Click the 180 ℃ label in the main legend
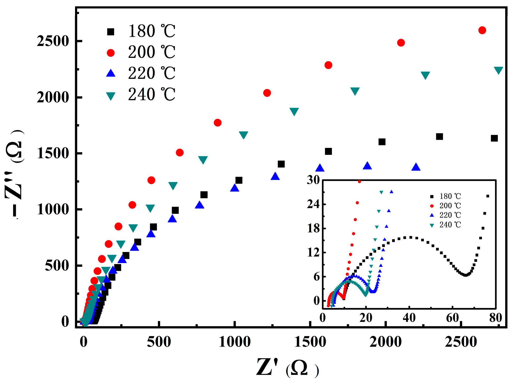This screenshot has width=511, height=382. [152, 31]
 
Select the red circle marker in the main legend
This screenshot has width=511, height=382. [110, 53]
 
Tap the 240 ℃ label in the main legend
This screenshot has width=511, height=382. [152, 95]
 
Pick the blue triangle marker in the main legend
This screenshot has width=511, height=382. [110, 73]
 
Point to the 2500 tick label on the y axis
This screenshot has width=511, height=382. [53, 41]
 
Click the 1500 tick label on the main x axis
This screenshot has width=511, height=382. [310, 342]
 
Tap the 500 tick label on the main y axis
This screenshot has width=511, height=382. [57, 266]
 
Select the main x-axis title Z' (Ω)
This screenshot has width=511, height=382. [287, 367]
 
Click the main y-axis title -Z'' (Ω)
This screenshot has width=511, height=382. [15, 174]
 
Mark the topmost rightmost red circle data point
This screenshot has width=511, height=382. [482, 30]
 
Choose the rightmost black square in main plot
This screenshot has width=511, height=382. [494, 138]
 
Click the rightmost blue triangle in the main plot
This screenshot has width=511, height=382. [416, 167]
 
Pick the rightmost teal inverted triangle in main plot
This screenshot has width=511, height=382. [498, 70]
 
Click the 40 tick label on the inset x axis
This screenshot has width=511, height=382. [409, 318]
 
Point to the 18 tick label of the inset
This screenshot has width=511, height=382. [313, 229]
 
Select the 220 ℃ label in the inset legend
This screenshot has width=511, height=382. [450, 215]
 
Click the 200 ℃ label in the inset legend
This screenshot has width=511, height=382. [450, 206]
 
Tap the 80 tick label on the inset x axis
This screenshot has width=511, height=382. [495, 318]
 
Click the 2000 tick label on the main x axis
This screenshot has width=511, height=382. [385, 342]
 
